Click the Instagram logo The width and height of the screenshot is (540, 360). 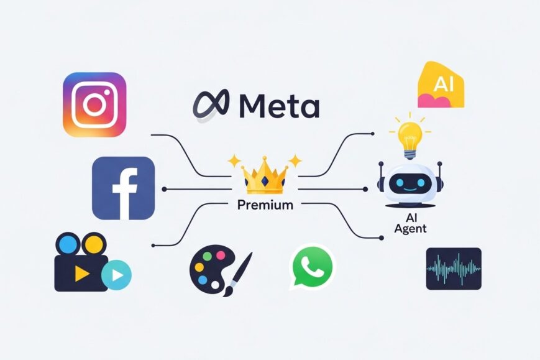coord(94,104)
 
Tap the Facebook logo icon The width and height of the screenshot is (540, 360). coord(123,188)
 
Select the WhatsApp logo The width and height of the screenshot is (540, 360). coord(313,265)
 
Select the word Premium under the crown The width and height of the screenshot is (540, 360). coord(265,205)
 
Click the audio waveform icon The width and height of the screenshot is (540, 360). coord(454,269)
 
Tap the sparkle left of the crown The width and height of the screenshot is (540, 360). coord(234,161)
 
